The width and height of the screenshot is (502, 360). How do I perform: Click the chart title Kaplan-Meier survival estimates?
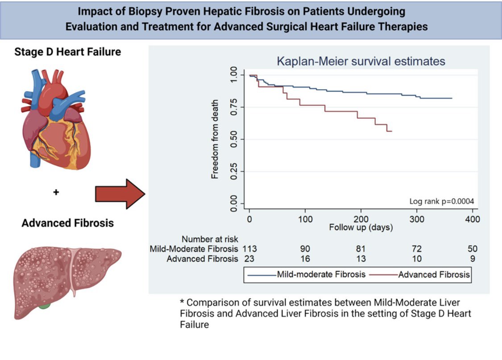[361, 61]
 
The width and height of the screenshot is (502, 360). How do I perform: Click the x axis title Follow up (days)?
[361, 228]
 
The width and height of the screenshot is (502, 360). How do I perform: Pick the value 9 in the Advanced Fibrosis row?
[472, 259]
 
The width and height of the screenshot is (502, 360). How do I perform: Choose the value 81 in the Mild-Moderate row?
[361, 248]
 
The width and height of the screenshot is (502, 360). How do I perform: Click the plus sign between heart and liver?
[56, 192]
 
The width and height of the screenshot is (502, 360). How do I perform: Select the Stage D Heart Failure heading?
[67, 52]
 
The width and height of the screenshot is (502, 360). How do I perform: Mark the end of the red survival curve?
[391, 131]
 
